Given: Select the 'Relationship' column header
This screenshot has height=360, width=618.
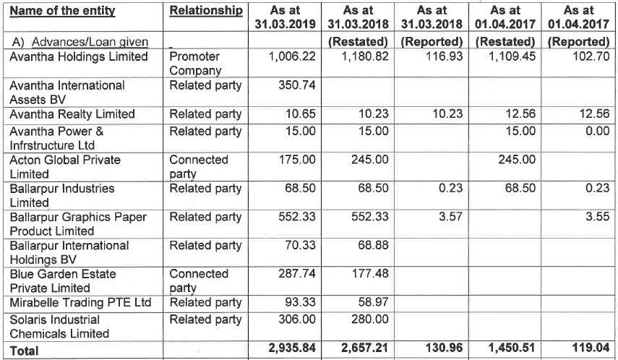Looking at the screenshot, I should tap(206, 11).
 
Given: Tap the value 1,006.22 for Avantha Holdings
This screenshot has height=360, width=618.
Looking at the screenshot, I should tap(293, 56).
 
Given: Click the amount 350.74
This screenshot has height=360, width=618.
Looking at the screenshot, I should tap(297, 85).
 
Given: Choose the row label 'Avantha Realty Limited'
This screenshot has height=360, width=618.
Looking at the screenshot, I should tap(72, 114).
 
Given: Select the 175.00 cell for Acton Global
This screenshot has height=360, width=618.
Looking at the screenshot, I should tap(297, 159).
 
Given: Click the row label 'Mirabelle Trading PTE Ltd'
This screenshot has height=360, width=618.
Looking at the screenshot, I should tap(80, 303).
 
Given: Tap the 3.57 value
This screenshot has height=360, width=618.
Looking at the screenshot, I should tap(450, 217).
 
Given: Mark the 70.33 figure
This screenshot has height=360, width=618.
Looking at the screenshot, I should tap(300, 246).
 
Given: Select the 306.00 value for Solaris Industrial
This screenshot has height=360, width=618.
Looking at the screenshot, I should tap(297, 319).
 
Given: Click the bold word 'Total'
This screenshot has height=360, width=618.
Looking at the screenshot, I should tap(25, 351).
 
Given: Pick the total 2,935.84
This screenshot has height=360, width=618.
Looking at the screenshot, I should tap(293, 348).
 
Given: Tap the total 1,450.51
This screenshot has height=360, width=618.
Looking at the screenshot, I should tap(512, 348).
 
